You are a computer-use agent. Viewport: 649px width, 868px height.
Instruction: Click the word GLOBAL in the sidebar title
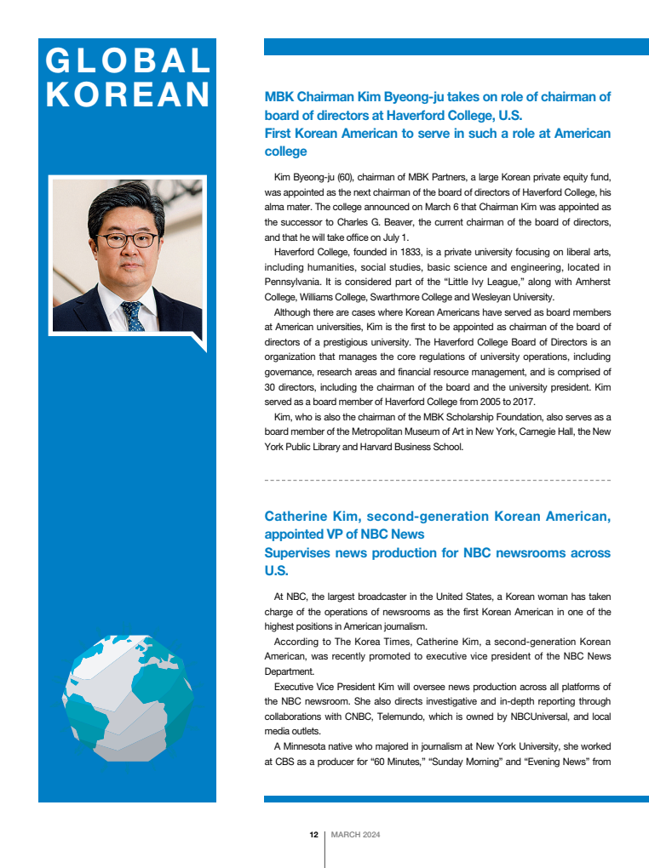coord(128,60)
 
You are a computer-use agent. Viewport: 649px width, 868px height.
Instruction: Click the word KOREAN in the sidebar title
coord(128,94)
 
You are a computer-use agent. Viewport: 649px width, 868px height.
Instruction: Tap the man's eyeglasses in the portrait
coord(126,240)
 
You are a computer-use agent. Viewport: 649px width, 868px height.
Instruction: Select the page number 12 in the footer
coord(313,835)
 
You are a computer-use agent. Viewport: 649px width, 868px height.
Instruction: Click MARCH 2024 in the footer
coord(355,835)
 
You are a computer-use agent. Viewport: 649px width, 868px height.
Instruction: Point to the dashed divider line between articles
coord(438,481)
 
